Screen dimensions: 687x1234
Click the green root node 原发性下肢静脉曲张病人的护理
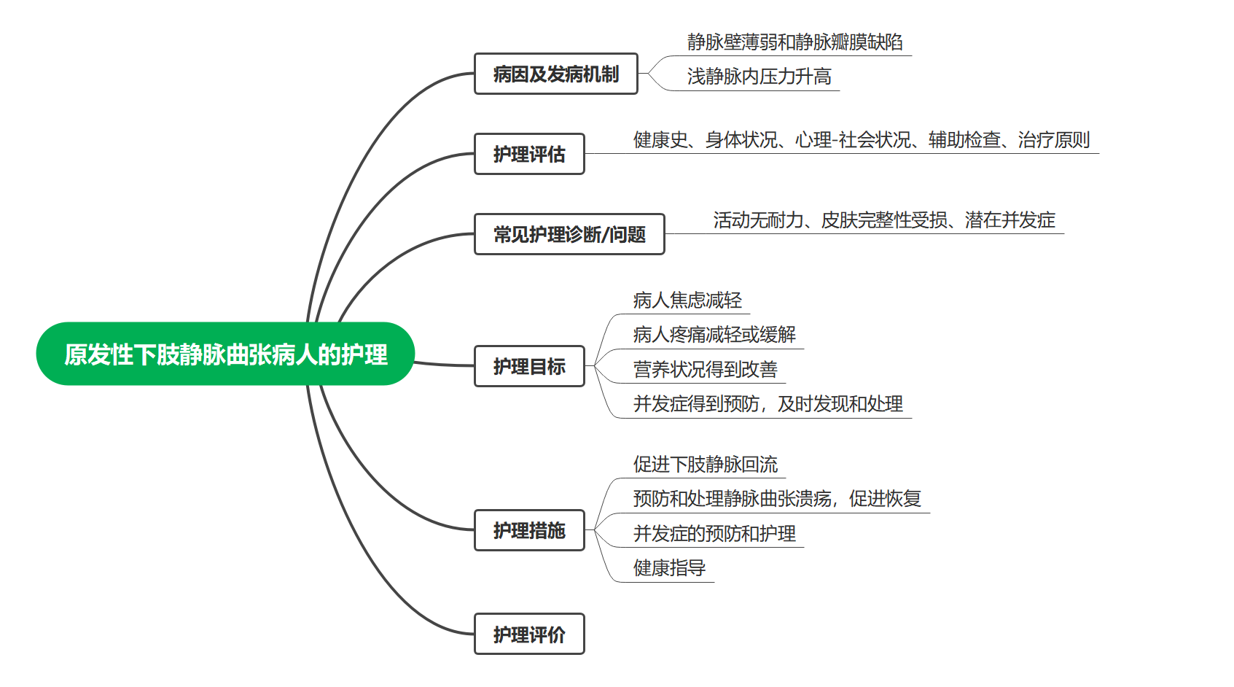click(x=225, y=354)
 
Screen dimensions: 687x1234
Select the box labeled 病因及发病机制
click(x=555, y=74)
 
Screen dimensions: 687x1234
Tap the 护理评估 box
click(x=529, y=154)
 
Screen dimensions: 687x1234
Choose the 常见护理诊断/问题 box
click(x=569, y=234)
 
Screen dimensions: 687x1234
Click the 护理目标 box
click(x=529, y=366)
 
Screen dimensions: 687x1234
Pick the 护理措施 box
click(x=529, y=530)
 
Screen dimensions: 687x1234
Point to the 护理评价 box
click(x=529, y=634)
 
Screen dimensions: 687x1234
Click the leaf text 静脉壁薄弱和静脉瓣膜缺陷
click(x=794, y=42)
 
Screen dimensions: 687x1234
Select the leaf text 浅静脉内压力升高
click(x=759, y=77)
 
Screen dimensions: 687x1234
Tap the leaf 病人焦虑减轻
click(x=687, y=300)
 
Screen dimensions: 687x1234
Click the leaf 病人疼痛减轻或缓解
click(x=714, y=335)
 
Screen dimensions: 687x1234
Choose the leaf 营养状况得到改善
click(x=705, y=370)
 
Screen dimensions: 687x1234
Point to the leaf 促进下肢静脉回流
click(x=705, y=465)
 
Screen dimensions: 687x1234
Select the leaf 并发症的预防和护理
click(x=714, y=534)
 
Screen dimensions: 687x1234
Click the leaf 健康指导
click(x=669, y=568)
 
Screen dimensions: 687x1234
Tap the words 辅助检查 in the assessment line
click(x=964, y=140)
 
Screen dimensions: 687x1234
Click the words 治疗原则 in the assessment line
click(x=1054, y=140)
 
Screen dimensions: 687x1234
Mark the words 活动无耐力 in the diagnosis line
click(x=758, y=220)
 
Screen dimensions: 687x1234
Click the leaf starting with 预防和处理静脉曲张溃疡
click(x=777, y=499)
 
